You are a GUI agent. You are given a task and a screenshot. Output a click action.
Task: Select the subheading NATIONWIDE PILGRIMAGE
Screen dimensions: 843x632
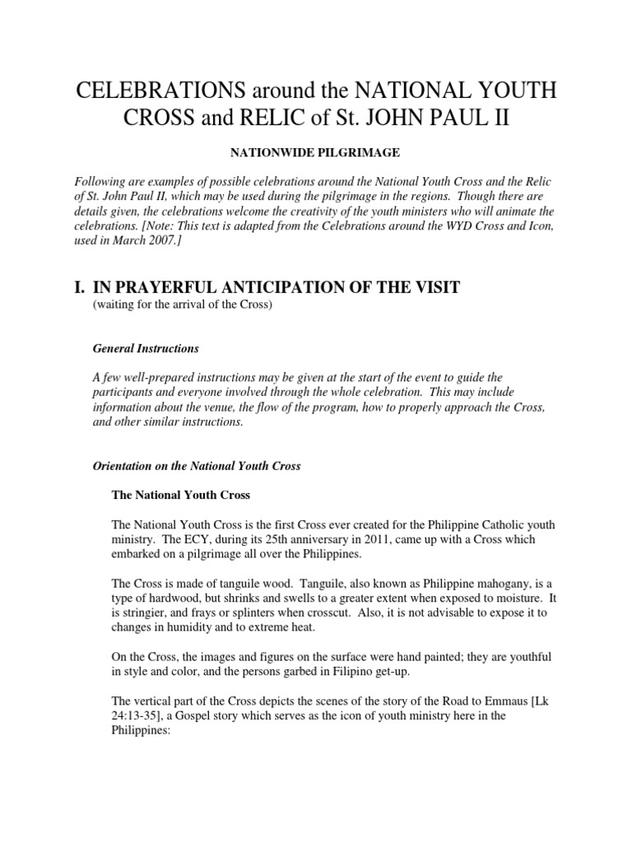(315, 153)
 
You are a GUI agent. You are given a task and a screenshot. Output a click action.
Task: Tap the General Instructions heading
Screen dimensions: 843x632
(146, 348)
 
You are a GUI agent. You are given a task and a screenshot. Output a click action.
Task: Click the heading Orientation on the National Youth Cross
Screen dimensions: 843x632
(197, 466)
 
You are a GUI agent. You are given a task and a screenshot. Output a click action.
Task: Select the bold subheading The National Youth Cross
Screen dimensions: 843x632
(180, 496)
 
